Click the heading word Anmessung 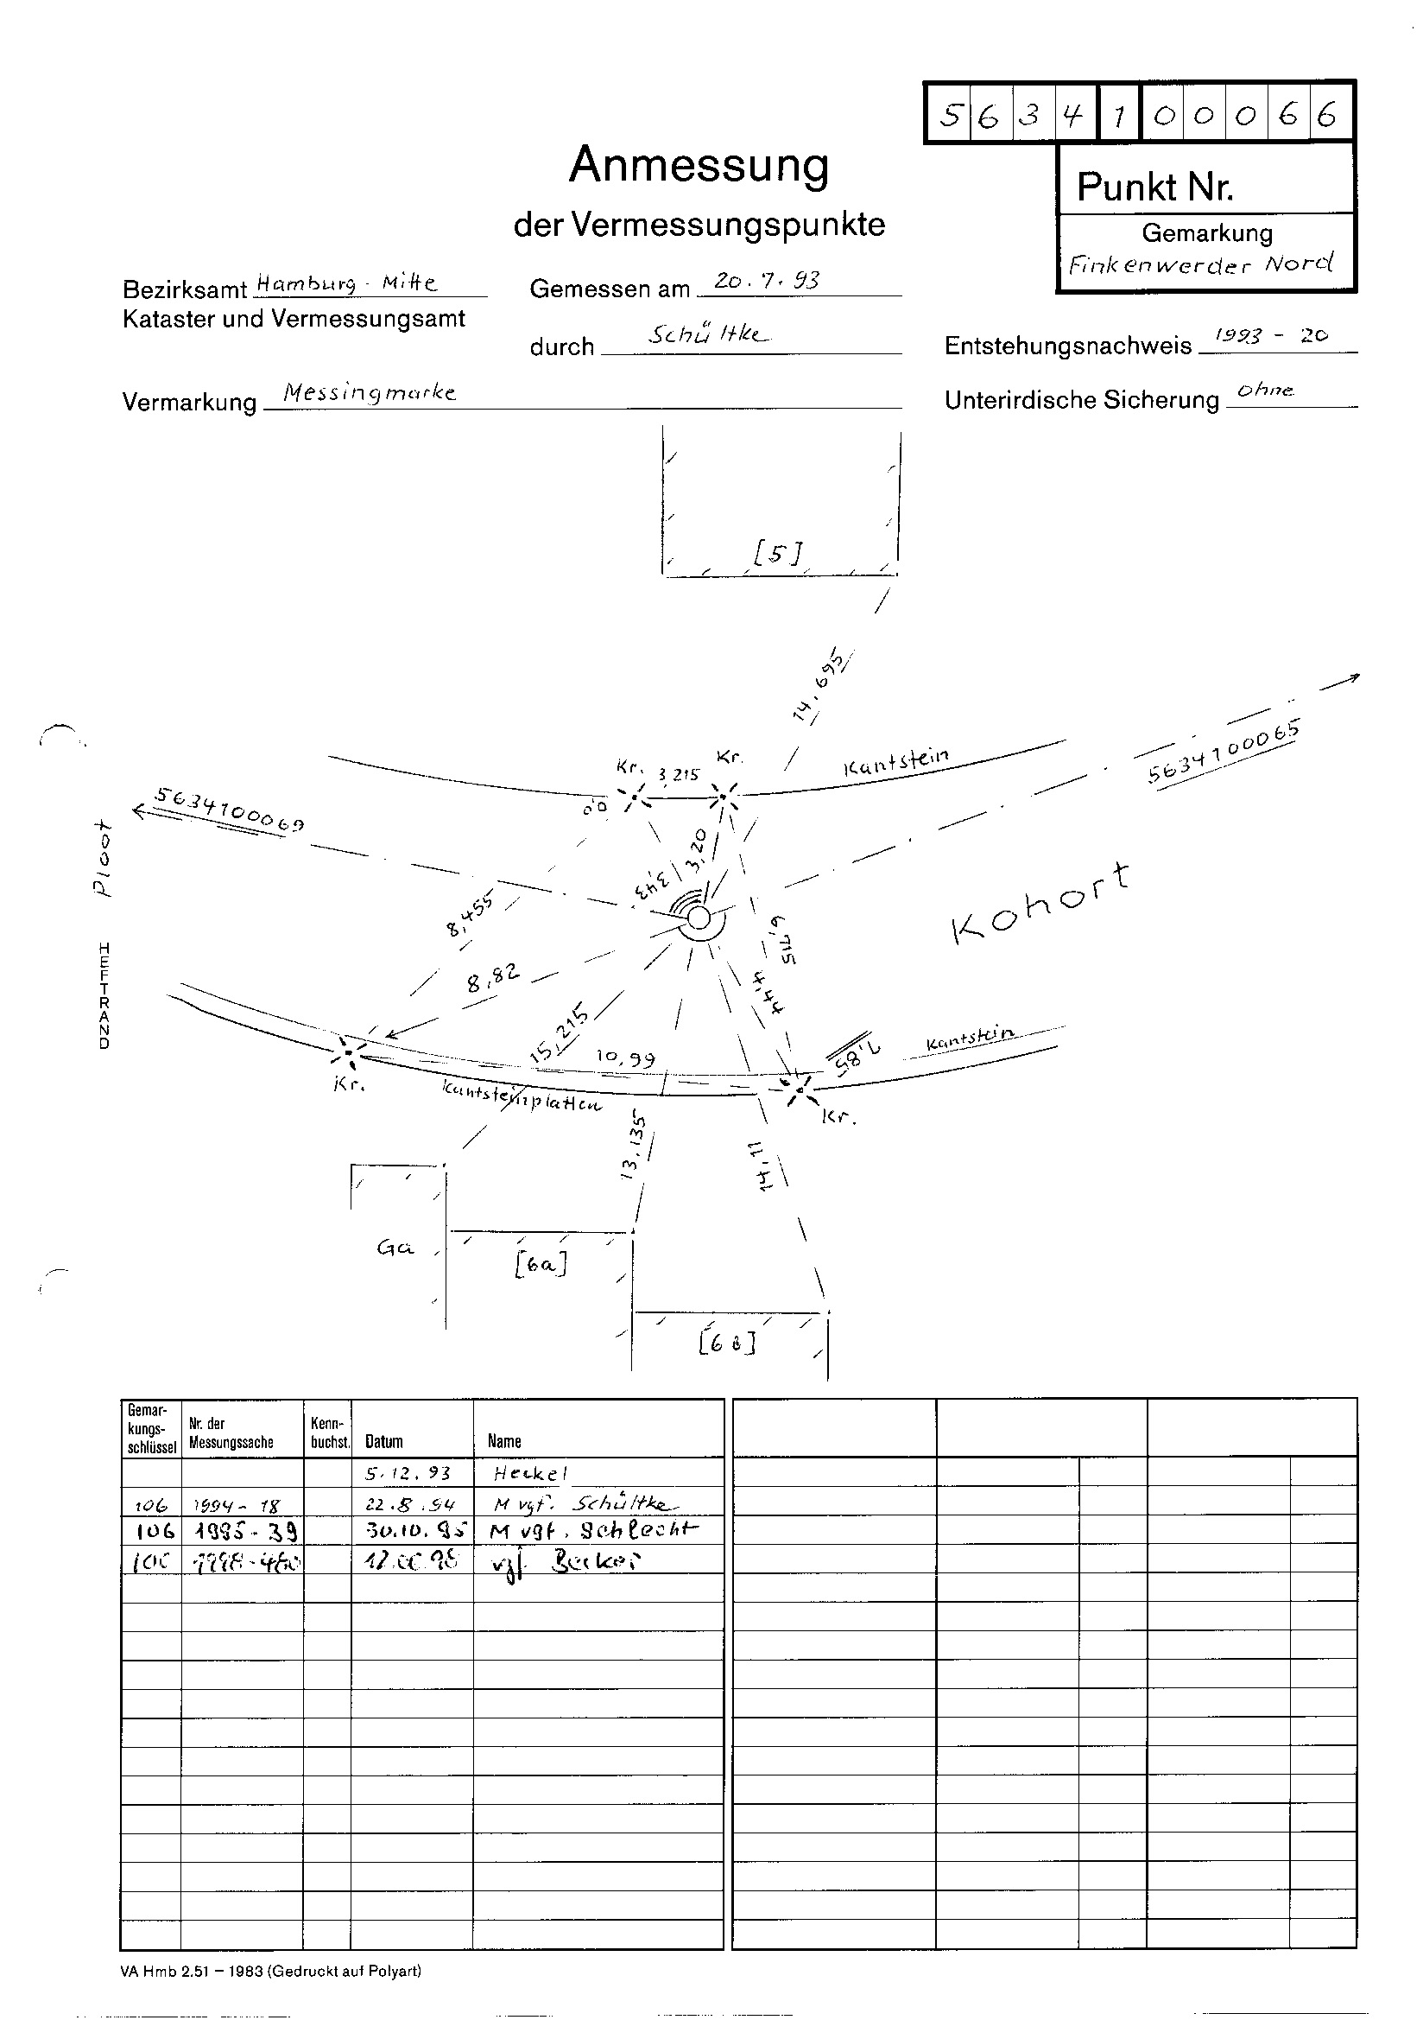pyautogui.click(x=699, y=164)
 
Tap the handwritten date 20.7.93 pyautogui.click(x=766, y=281)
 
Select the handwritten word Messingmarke pyautogui.click(x=370, y=392)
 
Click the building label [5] pyautogui.click(x=777, y=551)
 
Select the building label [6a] pyautogui.click(x=540, y=1264)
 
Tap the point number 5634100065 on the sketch pyautogui.click(x=1224, y=753)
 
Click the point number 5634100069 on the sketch pyautogui.click(x=231, y=810)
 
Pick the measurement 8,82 pyautogui.click(x=493, y=977)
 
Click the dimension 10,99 pyautogui.click(x=625, y=1058)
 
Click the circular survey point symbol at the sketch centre pyautogui.click(x=699, y=918)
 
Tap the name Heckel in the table pyautogui.click(x=530, y=1473)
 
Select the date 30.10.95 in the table pyautogui.click(x=412, y=1531)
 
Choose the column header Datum pyautogui.click(x=384, y=1441)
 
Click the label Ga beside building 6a pyautogui.click(x=395, y=1248)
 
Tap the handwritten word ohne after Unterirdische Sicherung pyautogui.click(x=1265, y=390)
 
